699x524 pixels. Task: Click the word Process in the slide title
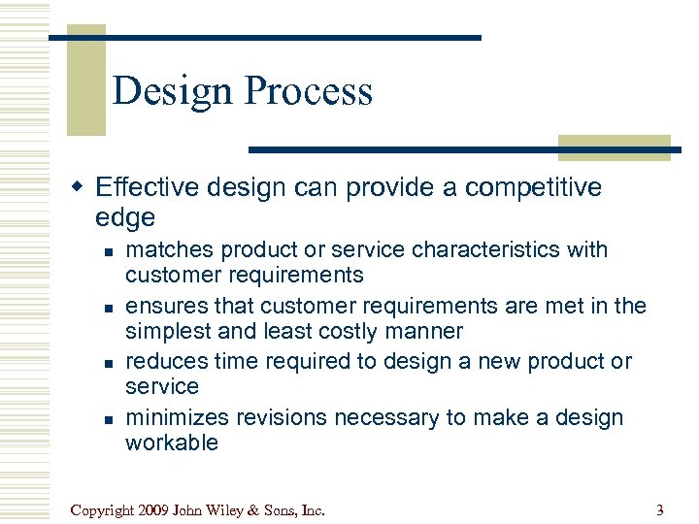(x=309, y=91)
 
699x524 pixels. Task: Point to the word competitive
(x=529, y=187)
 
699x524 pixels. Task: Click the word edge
(x=125, y=216)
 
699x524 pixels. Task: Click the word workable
(x=172, y=443)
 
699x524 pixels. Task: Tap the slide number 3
(x=659, y=509)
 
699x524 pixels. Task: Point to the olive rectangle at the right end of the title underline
(x=614, y=147)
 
